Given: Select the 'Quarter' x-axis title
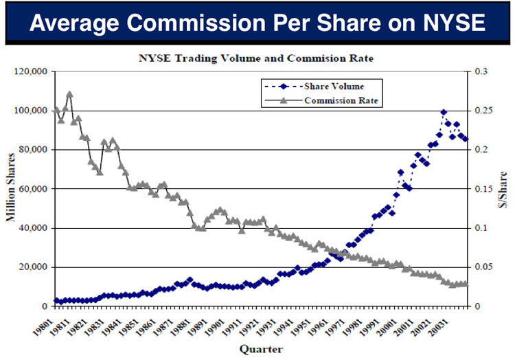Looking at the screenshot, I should (261, 349).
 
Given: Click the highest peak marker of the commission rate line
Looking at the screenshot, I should (69, 94).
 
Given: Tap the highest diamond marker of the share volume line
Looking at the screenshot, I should (444, 112).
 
